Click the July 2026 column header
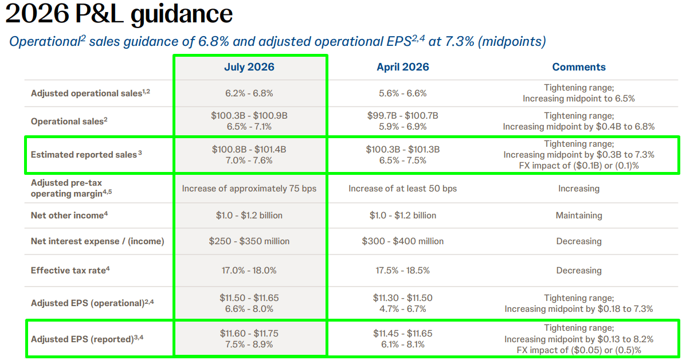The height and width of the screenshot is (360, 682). coord(249,67)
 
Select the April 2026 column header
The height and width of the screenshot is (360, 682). coord(403,67)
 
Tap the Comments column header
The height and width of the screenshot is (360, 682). coord(579,67)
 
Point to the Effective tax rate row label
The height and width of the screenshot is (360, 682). coord(70,271)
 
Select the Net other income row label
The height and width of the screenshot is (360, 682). coord(69,215)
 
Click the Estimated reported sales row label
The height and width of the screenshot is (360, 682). coord(86,155)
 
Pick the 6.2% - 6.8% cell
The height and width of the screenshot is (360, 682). coord(249,93)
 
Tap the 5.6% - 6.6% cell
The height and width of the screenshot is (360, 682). coord(403,93)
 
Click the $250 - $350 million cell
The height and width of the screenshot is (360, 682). coord(249,241)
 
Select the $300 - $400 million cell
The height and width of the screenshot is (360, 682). coord(403,241)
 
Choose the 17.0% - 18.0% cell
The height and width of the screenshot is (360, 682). coord(249,271)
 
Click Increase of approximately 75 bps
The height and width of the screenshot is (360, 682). coord(249,189)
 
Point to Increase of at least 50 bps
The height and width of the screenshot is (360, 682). coord(403,189)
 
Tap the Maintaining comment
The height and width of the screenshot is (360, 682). coord(579,215)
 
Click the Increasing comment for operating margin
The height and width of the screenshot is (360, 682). coord(579,189)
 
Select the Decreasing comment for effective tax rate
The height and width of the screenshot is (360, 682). coord(579,271)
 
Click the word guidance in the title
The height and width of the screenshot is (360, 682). coord(181,14)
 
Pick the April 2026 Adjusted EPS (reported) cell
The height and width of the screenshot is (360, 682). coord(403,339)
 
